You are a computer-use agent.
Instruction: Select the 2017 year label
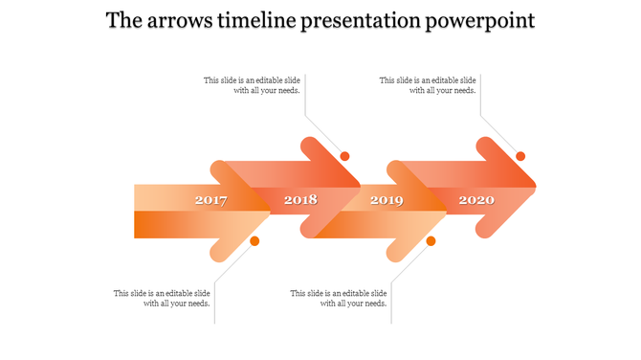[210, 200]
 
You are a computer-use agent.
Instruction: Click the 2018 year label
[300, 200]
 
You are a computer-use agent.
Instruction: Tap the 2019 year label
[387, 200]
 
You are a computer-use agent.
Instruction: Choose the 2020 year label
[476, 200]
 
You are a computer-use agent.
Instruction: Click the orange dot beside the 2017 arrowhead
[254, 241]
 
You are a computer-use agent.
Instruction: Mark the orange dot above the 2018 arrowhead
[344, 156]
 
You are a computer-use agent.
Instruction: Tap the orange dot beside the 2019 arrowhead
[431, 241]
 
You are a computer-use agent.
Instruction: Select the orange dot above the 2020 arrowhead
[520, 156]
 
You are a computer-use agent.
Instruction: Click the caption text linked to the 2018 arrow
[253, 85]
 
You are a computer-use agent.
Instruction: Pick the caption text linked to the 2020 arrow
[428, 85]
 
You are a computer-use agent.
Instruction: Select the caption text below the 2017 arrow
[162, 298]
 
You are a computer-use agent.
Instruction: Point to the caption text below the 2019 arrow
[339, 298]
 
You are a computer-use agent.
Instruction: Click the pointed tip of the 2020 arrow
[534, 186]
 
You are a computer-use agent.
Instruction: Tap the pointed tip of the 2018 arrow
[358, 186]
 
